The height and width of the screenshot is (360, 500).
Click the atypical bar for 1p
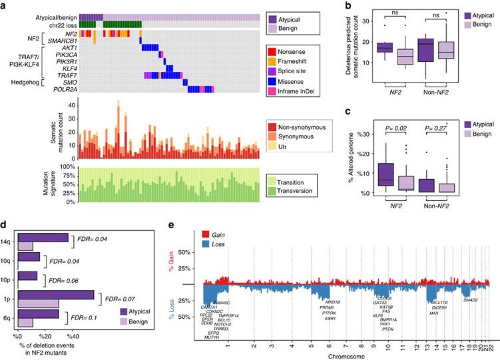(57, 295)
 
